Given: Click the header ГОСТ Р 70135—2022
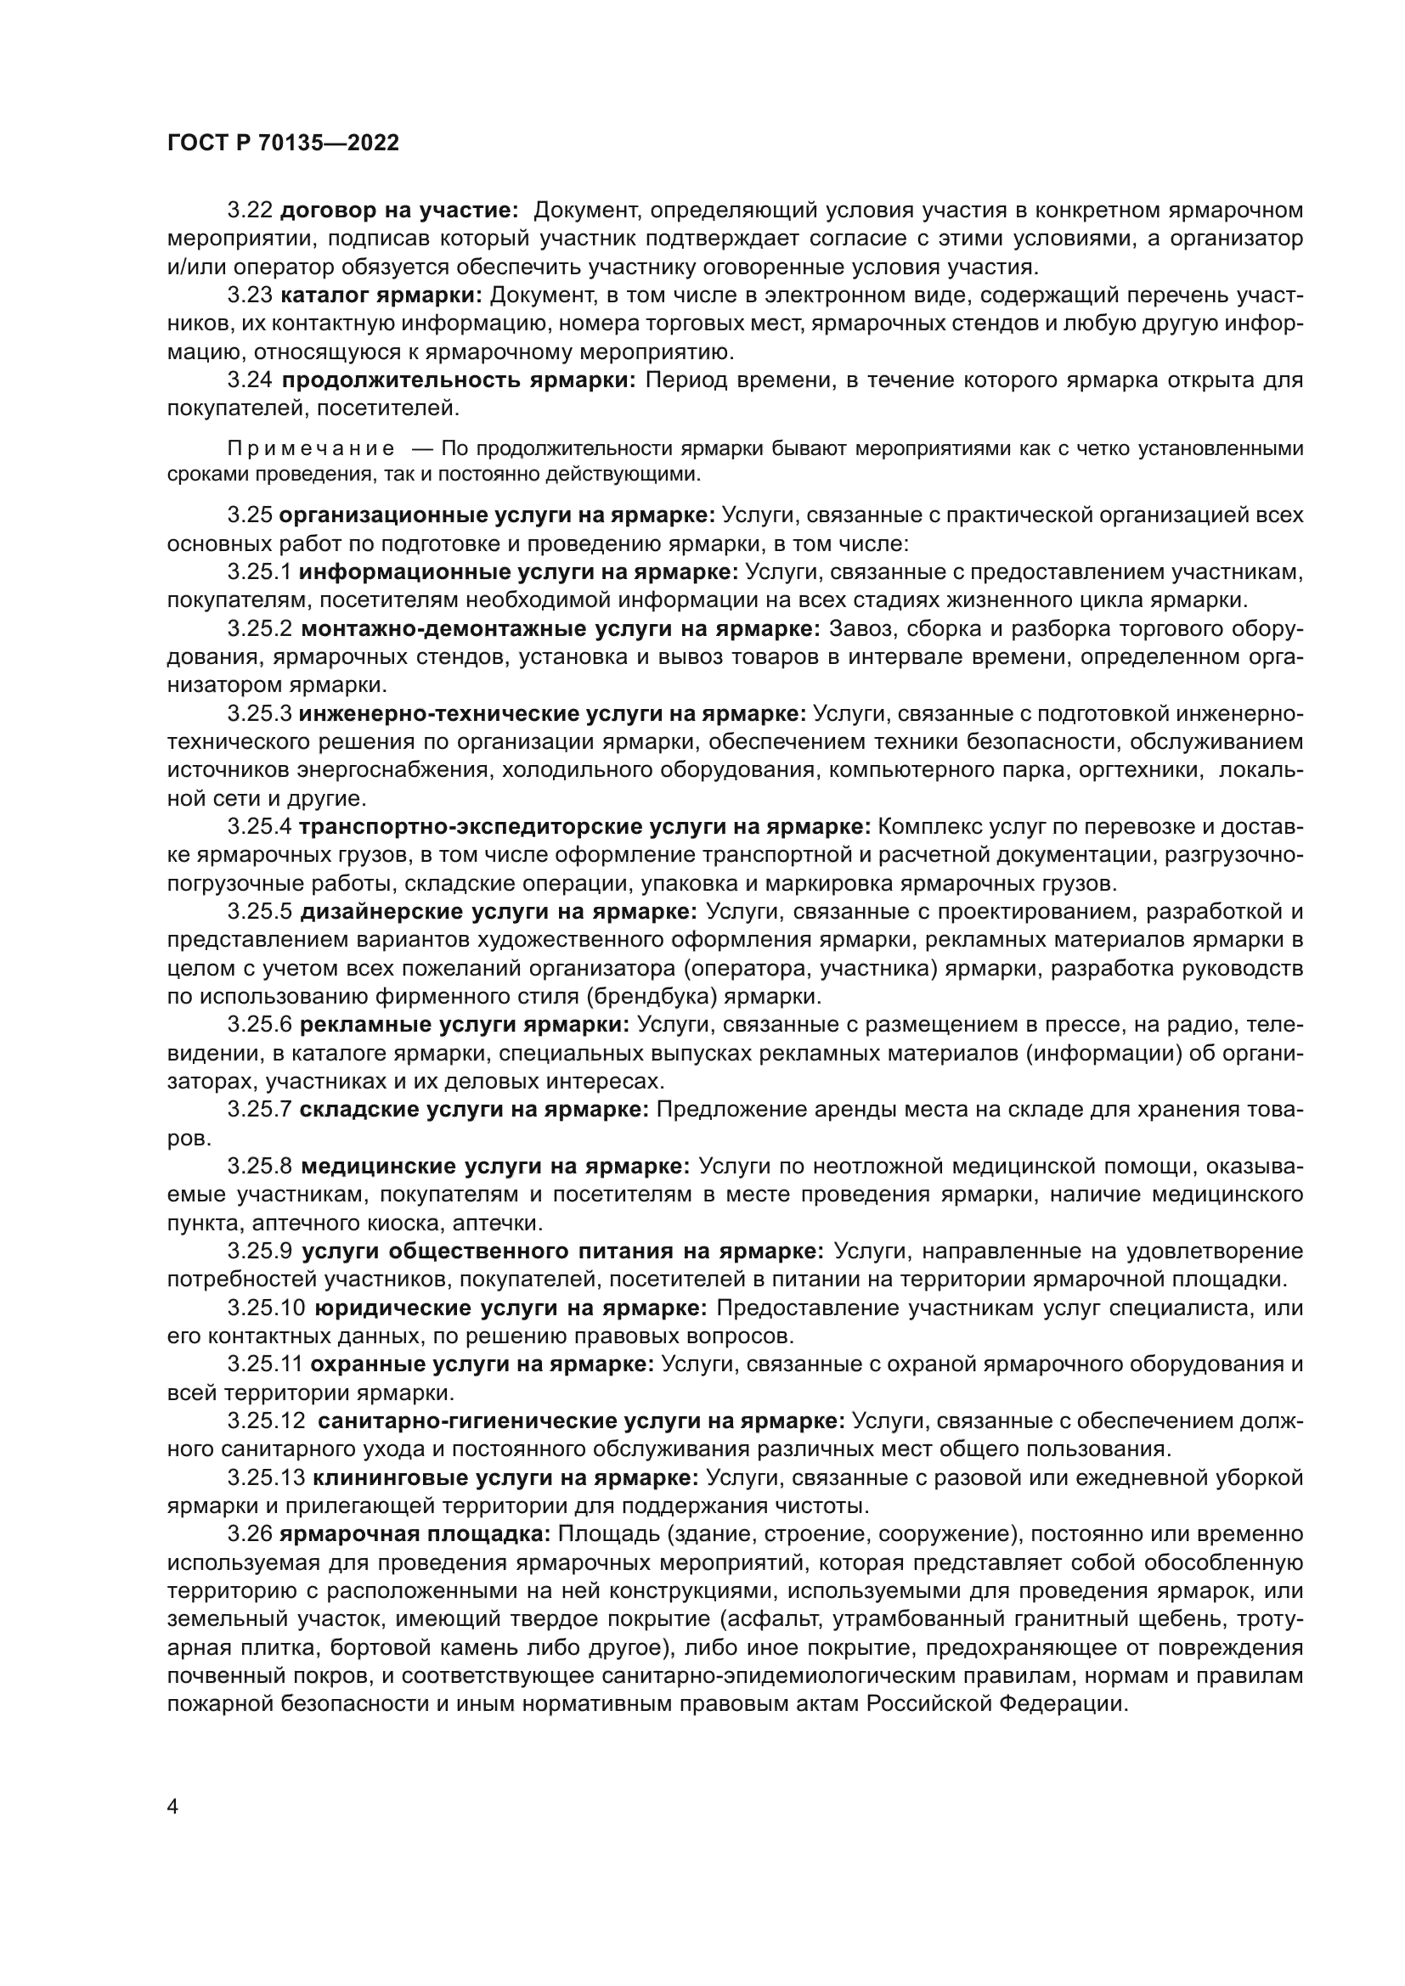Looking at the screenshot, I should pos(283,143).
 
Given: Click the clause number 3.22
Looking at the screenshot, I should pos(250,211).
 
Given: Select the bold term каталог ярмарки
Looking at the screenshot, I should pos(381,295).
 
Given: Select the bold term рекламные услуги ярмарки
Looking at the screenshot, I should pos(465,1025).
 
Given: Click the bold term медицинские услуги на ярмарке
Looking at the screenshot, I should pos(495,1167).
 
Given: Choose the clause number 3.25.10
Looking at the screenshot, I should pos(266,1308).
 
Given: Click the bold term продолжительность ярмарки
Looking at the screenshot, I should pos(459,380).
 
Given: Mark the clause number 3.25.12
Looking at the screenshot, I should pos(266,1421).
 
